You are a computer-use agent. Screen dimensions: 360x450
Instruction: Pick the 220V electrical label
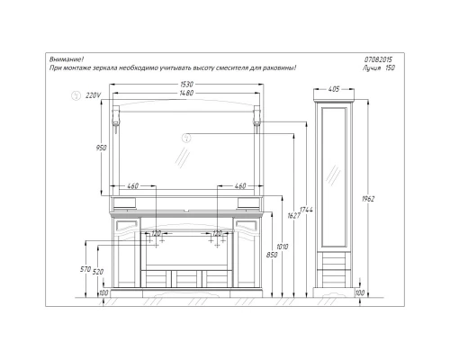90,94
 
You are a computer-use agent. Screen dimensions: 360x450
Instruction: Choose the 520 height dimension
98,272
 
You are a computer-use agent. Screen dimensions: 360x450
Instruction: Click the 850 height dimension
274,255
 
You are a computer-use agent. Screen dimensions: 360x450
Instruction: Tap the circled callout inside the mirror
185,138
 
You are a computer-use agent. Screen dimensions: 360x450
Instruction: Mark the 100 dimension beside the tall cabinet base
359,292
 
